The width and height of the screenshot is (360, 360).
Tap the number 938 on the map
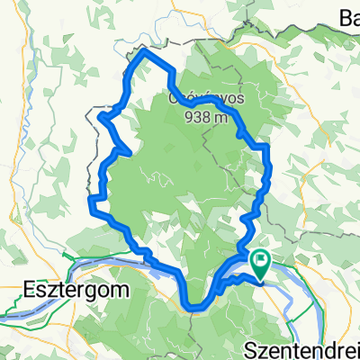(x=199, y=117)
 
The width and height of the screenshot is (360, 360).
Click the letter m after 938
(x=225, y=117)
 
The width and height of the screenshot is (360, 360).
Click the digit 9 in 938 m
(x=191, y=117)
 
